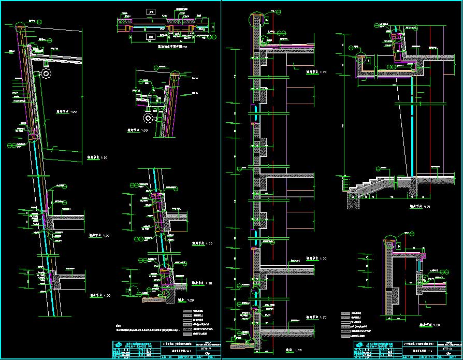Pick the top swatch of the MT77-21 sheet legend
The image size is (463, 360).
(346, 313)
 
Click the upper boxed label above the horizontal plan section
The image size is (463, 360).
(151, 11)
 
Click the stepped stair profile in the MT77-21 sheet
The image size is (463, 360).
(370, 183)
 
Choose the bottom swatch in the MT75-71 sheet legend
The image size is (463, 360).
(187, 334)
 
